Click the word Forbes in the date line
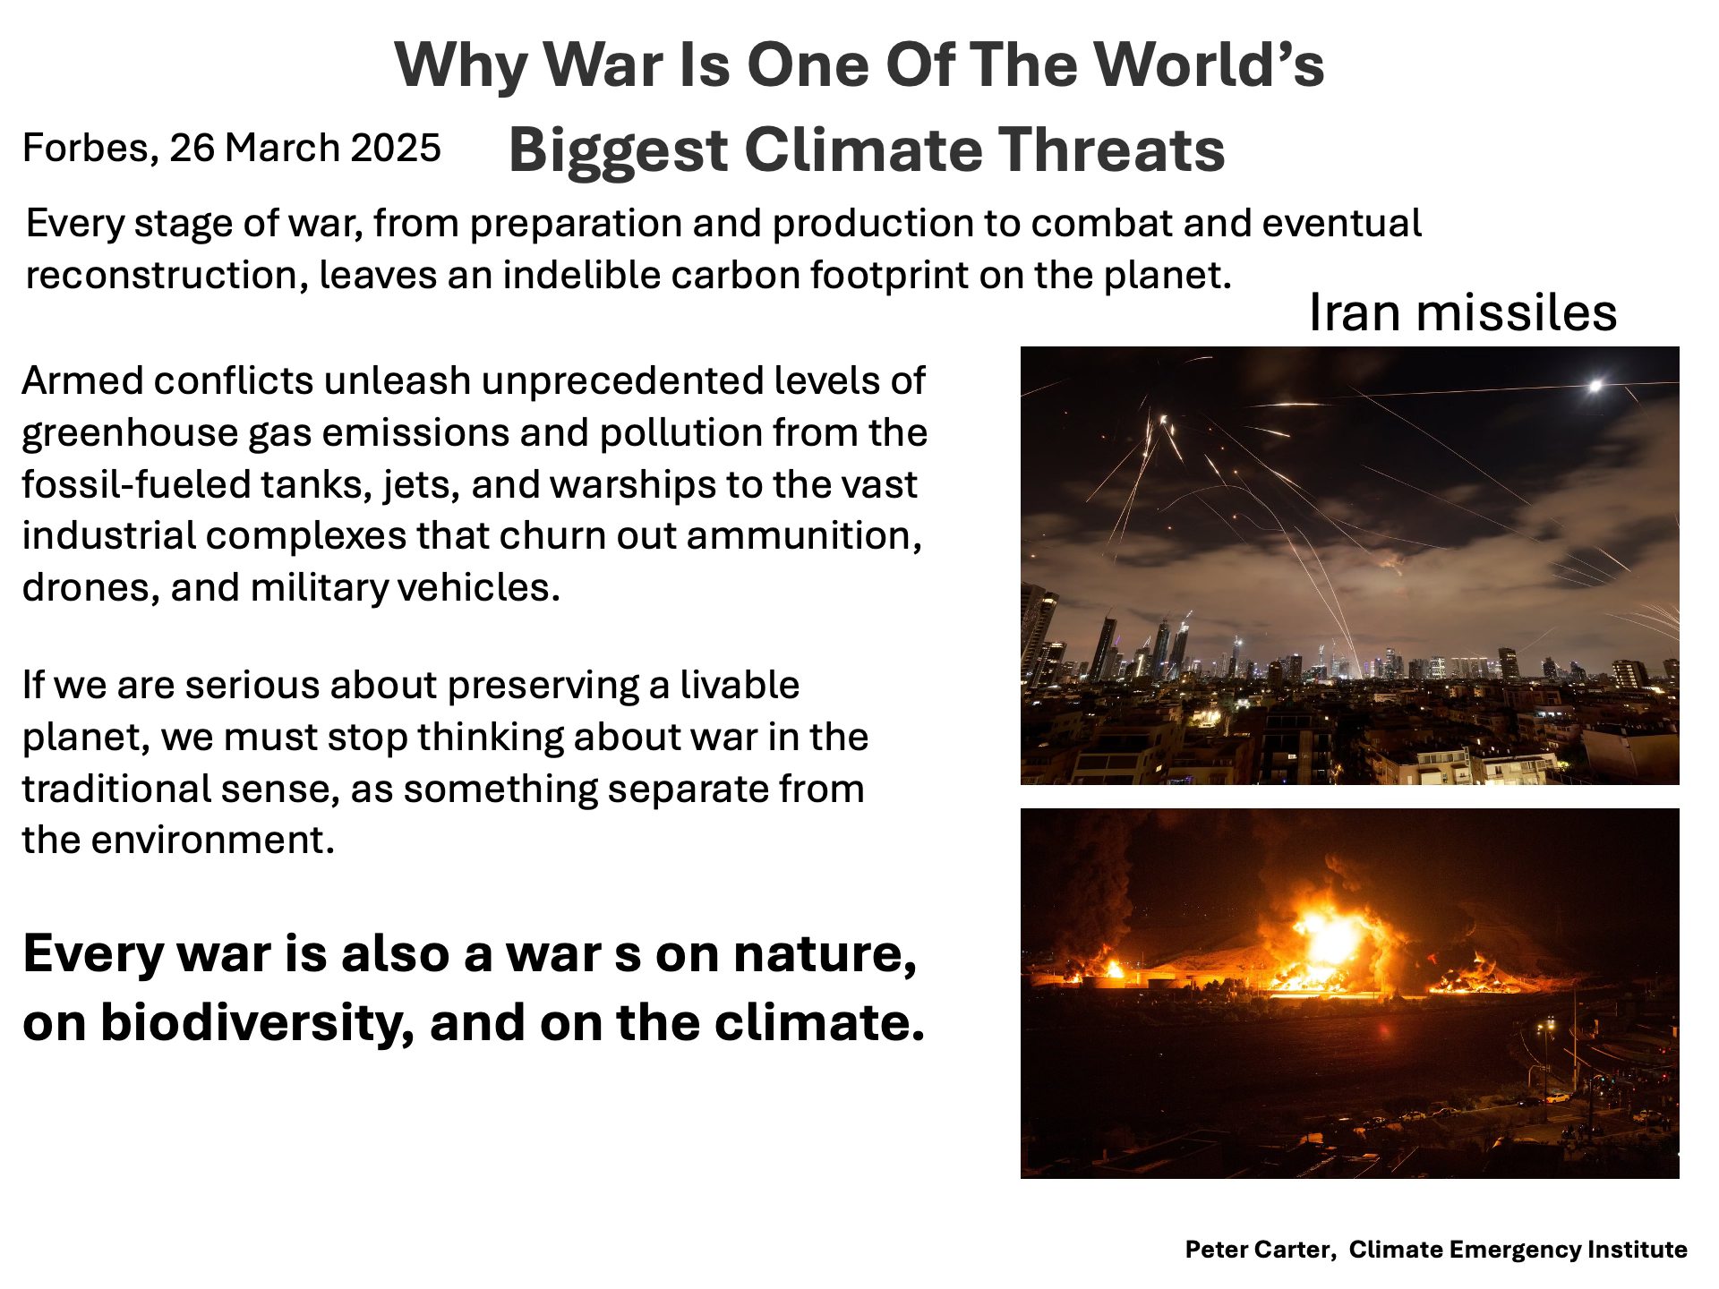pyautogui.click(x=90, y=148)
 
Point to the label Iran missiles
pyautogui.click(x=1463, y=312)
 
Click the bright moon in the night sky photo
pyautogui.click(x=1595, y=387)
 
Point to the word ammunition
pyautogui.click(x=804, y=535)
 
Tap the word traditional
pyautogui.click(x=115, y=789)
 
